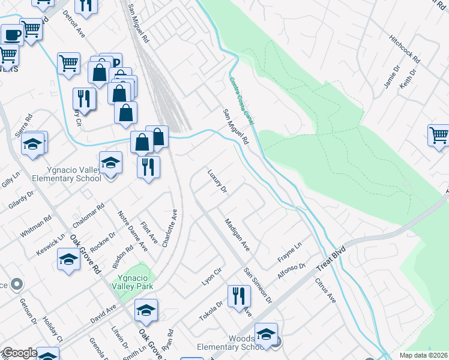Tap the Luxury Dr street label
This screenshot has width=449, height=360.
(x=217, y=181)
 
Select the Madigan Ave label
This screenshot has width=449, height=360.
(x=237, y=234)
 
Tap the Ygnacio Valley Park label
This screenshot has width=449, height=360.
(x=125, y=281)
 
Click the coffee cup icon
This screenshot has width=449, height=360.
(x=12, y=34)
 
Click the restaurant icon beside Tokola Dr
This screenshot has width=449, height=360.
(x=239, y=296)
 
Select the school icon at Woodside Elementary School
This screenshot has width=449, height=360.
(x=266, y=334)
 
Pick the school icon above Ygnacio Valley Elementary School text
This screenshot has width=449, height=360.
(x=110, y=162)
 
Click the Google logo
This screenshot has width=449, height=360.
(x=19, y=353)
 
